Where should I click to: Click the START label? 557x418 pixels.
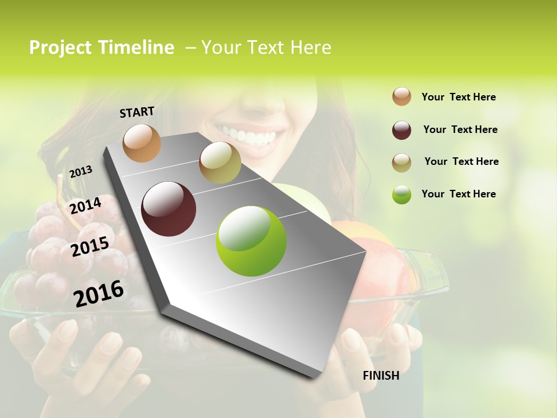tap(137, 112)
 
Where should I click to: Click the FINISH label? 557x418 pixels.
tap(381, 376)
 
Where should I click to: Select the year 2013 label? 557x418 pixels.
tap(81, 171)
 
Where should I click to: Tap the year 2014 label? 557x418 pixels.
tap(86, 206)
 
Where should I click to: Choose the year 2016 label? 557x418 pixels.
tap(99, 293)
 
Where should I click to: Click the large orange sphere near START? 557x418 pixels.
tap(142, 143)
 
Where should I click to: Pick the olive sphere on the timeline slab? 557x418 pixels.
tap(220, 163)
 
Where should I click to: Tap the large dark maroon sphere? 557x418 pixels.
tap(169, 209)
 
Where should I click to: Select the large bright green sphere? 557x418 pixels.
tap(251, 241)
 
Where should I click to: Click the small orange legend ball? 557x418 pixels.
tap(402, 96)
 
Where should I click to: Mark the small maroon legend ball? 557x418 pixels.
tap(402, 130)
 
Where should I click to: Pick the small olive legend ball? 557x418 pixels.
tap(402, 163)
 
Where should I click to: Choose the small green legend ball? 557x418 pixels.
tap(402, 194)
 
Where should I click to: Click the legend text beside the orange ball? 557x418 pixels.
tap(458, 97)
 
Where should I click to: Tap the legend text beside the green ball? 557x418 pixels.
tap(458, 194)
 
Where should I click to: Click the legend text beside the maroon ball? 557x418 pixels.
tap(460, 129)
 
